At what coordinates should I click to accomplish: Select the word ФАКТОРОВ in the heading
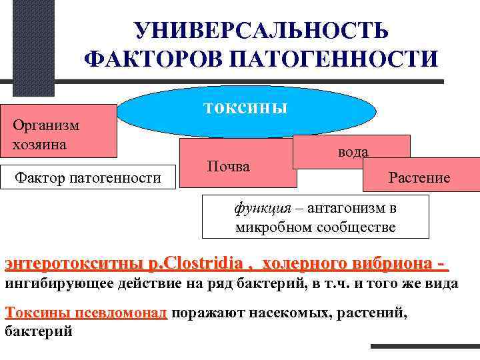click(155, 60)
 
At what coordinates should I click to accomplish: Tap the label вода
click(353, 152)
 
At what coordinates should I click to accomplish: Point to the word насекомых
click(289, 313)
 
